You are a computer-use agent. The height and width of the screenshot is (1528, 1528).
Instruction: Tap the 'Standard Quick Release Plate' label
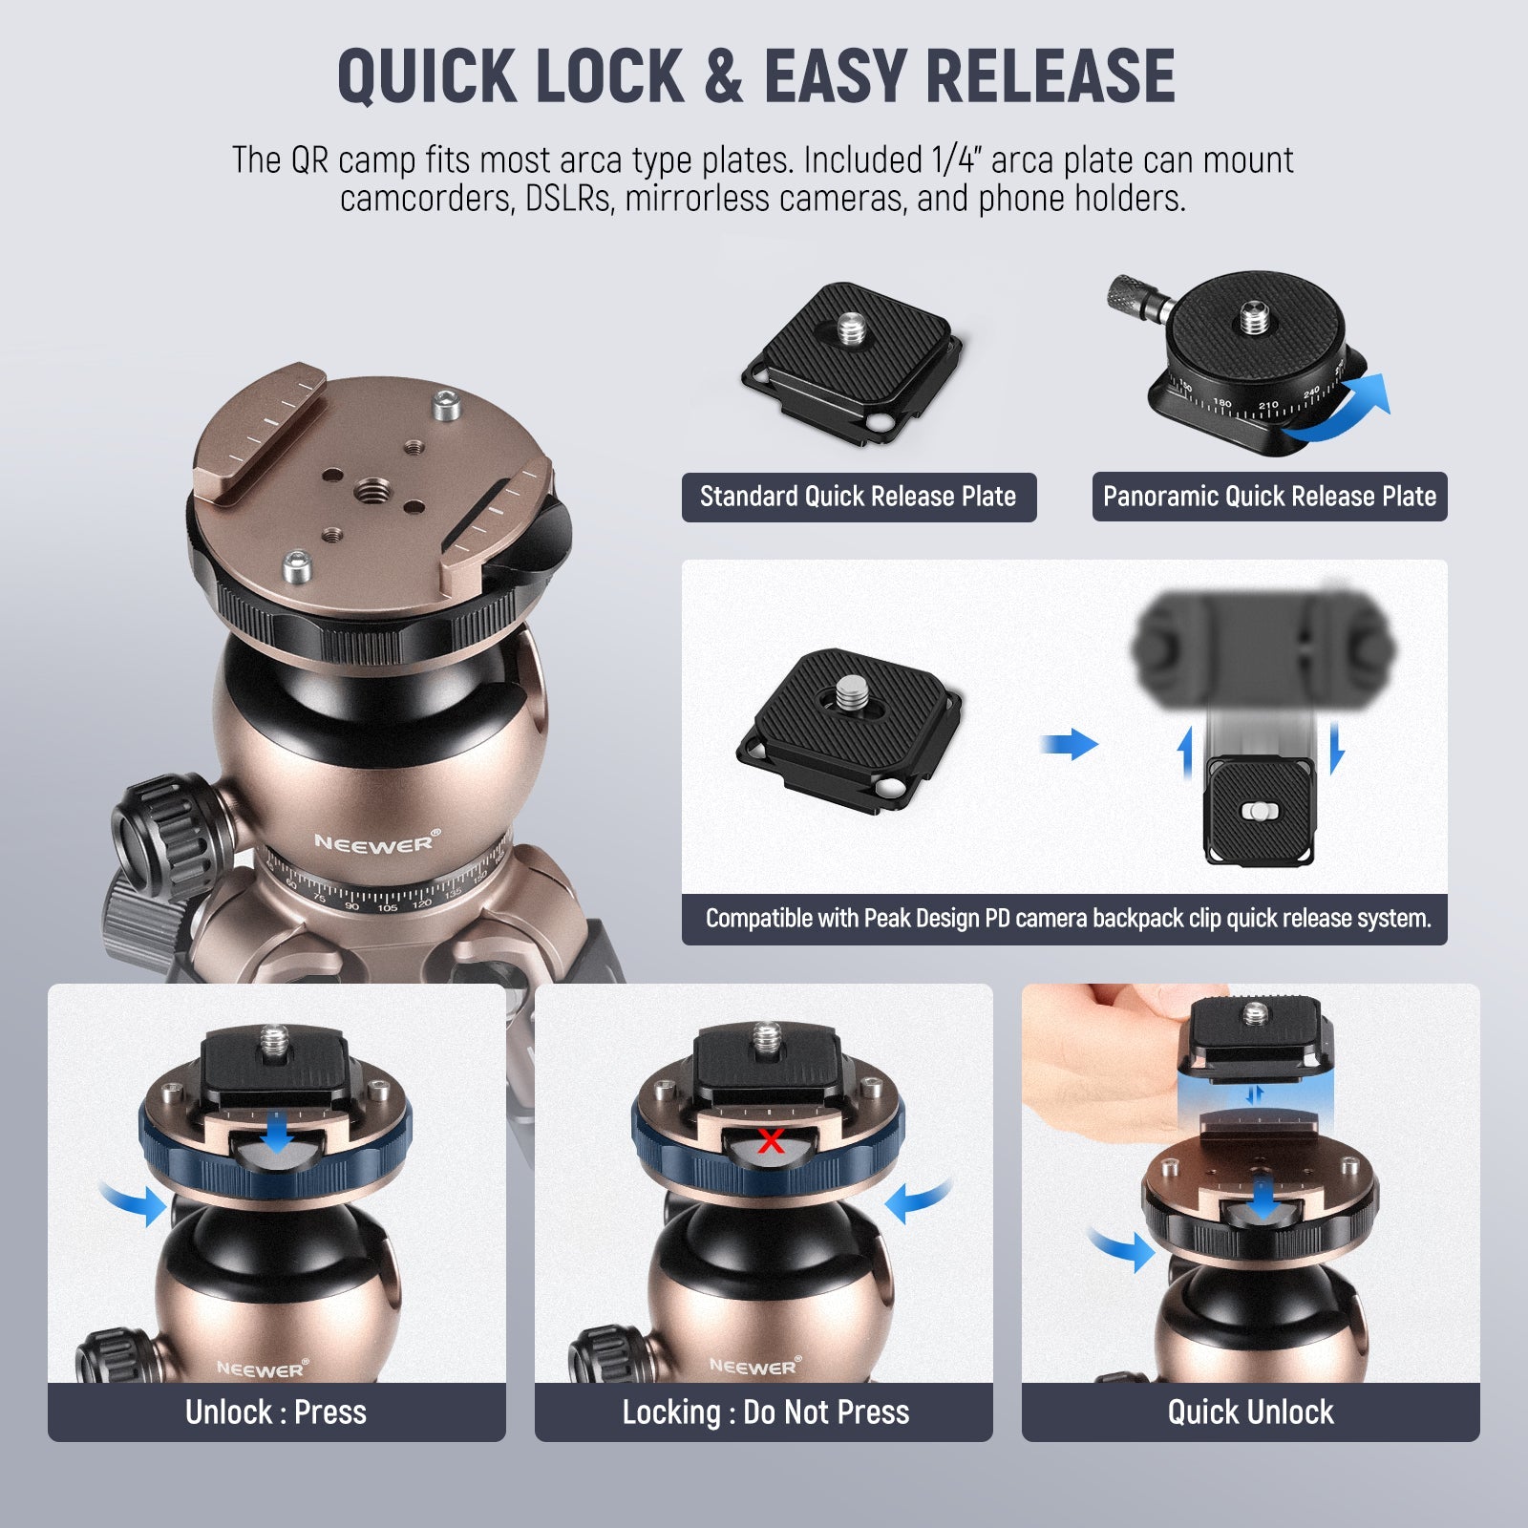pos(859,497)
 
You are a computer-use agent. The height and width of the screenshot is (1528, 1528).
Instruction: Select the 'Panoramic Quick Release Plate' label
pos(1269,497)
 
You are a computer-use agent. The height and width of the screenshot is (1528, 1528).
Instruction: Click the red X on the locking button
pos(771,1140)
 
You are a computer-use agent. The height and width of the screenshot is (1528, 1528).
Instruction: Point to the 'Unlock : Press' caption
pos(276,1411)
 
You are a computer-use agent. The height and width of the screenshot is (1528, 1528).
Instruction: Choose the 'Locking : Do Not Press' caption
pos(765,1411)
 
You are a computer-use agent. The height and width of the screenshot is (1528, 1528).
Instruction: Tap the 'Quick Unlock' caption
pos(1250,1411)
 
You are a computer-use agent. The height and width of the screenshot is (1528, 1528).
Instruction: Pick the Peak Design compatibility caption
pos(1068,919)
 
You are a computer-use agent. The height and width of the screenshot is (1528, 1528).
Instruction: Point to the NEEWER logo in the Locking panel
pos(753,1367)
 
